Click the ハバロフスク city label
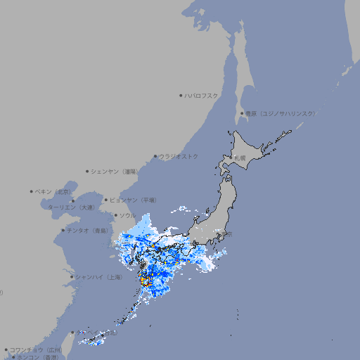[202, 96]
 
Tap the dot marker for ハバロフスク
[181, 96]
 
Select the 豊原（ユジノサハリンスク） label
[280, 113]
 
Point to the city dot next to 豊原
[242, 113]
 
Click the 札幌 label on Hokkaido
[240, 157]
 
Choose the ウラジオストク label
[179, 156]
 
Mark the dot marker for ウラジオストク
[155, 156]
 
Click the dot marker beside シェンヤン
[88, 171]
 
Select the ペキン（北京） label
[55, 191]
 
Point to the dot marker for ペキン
[32, 191]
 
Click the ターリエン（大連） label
[70, 207]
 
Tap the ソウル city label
[127, 215]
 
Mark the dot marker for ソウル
[115, 215]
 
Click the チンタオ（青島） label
[88, 230]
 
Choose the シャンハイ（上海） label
[99, 277]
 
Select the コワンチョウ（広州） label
[36, 349]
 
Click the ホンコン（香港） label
[39, 357]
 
